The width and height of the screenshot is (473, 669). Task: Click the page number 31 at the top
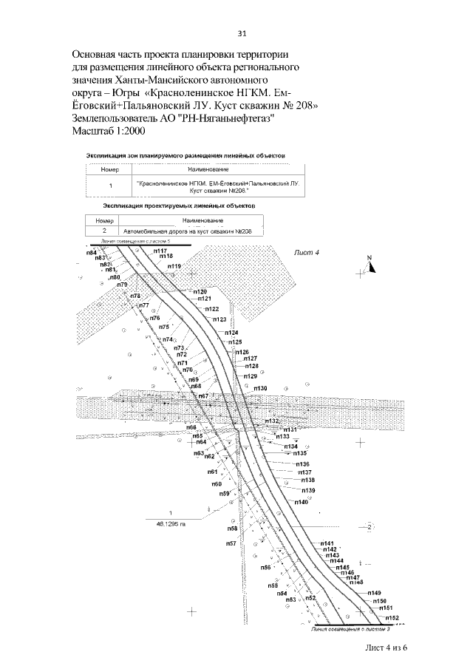pos(241,33)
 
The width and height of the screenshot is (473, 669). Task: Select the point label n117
pos(160,251)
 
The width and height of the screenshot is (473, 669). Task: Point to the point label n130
pos(259,389)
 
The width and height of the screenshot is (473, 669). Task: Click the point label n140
pos(301,503)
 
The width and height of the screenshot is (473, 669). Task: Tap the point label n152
pos(392,617)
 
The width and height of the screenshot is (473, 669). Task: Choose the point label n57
pos(231,543)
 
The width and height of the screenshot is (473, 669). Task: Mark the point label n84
pos(92,253)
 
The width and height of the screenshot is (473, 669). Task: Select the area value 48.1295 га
pos(170,523)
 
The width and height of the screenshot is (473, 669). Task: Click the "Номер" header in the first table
pos(110,169)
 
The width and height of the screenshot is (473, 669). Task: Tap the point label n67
pos(202,397)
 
